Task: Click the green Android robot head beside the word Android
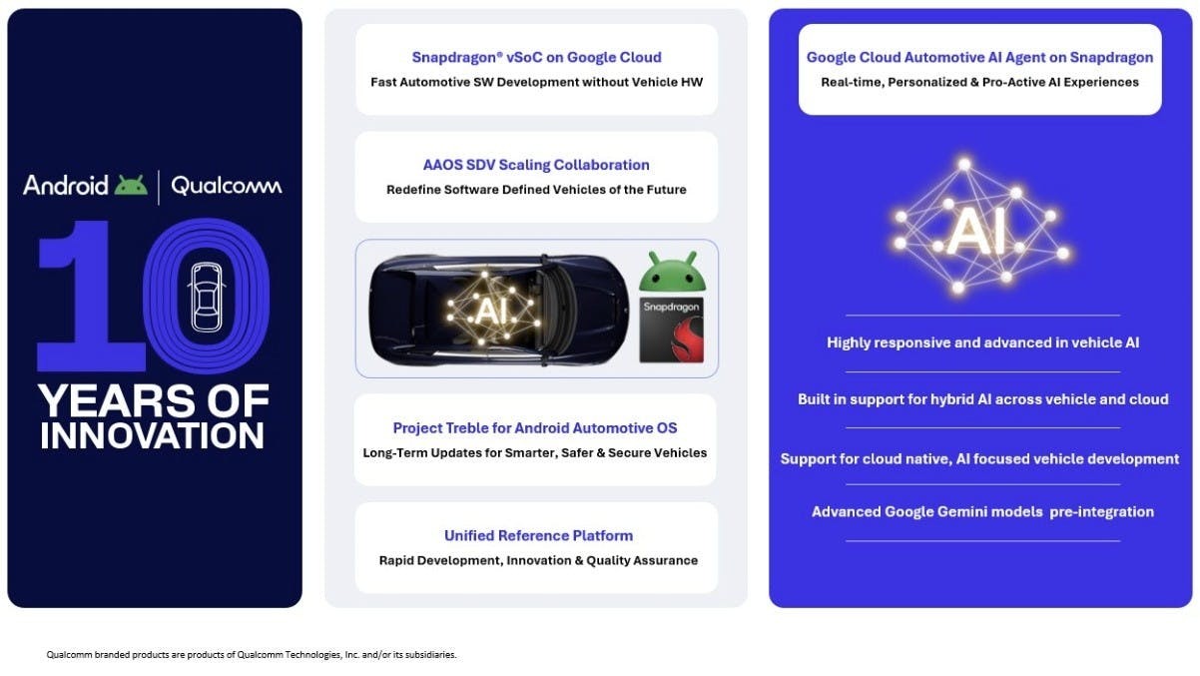point(131,185)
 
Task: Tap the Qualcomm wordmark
point(227,186)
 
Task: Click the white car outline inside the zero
point(207,297)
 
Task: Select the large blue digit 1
point(91,296)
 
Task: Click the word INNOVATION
point(152,435)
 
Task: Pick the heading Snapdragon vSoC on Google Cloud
point(536,57)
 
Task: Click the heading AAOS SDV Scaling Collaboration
point(536,165)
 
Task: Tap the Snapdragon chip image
point(672,330)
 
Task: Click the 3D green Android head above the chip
point(672,272)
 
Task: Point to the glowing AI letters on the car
point(487,311)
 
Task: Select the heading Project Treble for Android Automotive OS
point(535,428)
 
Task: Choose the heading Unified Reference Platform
point(538,535)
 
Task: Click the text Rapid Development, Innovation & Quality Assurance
point(538,560)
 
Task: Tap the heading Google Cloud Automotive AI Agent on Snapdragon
point(979,57)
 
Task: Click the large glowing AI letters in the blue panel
point(976,231)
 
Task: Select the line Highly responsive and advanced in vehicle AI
point(983,342)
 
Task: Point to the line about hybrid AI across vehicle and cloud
point(983,399)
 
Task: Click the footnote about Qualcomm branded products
point(252,655)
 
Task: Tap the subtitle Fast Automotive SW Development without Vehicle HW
point(536,82)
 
